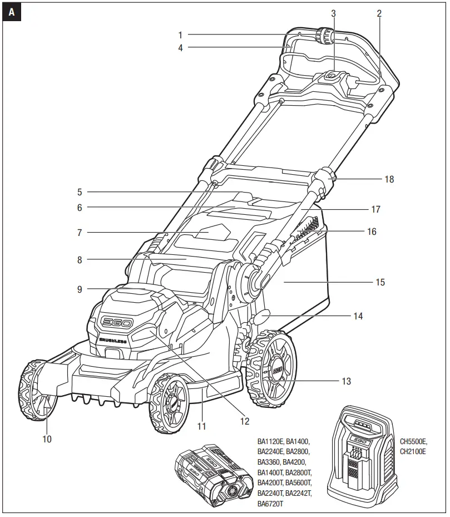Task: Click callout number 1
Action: (x=180, y=35)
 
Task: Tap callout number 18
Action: (x=389, y=179)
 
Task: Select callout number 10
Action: (x=47, y=439)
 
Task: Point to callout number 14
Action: (x=358, y=316)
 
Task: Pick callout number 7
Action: (x=80, y=233)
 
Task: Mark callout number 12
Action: (x=244, y=421)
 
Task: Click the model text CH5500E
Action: (x=413, y=442)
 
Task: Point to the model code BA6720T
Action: (x=271, y=504)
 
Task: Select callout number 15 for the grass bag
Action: (x=380, y=282)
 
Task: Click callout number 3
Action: (x=333, y=12)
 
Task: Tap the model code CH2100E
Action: (x=413, y=452)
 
